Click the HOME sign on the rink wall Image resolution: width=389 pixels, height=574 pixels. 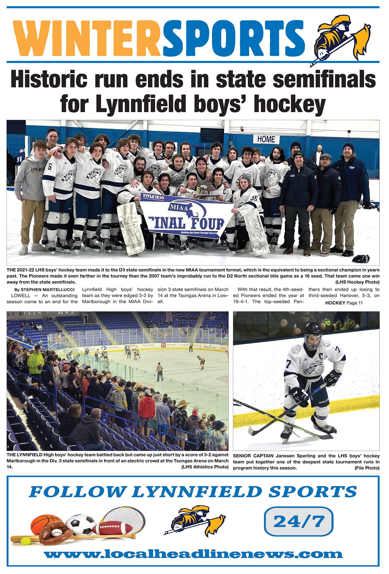[x=266, y=139]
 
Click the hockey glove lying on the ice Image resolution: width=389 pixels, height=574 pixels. [x=361, y=258]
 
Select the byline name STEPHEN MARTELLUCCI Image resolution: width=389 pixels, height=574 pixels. [x=48, y=290]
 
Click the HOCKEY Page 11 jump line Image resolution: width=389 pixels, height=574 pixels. [x=344, y=303]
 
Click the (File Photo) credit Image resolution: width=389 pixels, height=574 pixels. [x=367, y=468]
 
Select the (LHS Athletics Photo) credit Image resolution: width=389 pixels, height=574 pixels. [x=205, y=467]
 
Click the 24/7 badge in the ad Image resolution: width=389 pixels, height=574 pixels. [x=299, y=521]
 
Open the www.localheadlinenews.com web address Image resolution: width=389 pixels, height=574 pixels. [x=193, y=554]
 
